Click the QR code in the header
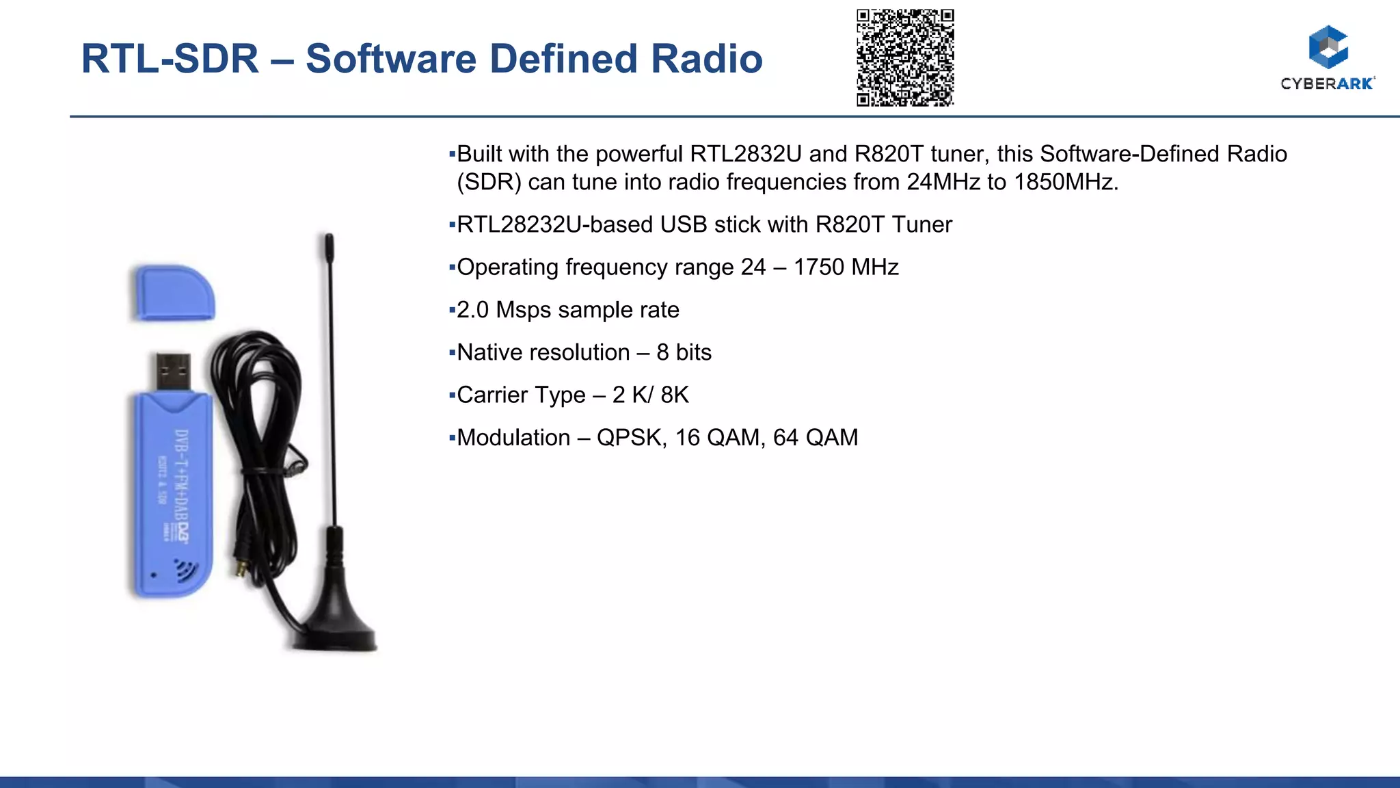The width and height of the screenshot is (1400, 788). [905, 57]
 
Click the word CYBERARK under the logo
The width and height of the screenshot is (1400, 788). [1327, 83]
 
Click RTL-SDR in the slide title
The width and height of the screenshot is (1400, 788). [170, 59]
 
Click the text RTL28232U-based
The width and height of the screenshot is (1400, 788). [554, 225]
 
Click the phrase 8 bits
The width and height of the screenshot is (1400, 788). [684, 353]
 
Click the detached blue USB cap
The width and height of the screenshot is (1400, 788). [174, 293]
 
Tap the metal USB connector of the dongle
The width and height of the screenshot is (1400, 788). [173, 371]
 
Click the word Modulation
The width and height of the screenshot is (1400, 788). [513, 438]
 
